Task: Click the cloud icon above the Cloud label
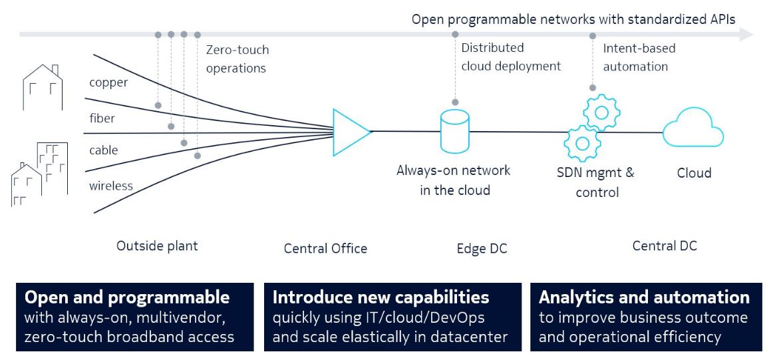tap(693, 129)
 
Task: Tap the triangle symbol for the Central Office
tap(349, 130)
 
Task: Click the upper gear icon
tap(601, 112)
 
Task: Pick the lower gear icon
tap(582, 142)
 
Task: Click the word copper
tap(108, 83)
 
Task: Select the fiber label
tap(102, 118)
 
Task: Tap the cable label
tap(103, 150)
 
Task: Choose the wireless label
tap(110, 186)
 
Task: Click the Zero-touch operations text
tap(237, 59)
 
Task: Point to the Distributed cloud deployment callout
tap(510, 57)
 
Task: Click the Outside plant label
tap(157, 246)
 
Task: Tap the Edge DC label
tap(482, 248)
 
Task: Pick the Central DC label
tap(664, 246)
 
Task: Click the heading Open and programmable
tap(127, 297)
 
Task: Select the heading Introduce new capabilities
tap(381, 297)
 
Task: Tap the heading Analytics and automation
tap(644, 297)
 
